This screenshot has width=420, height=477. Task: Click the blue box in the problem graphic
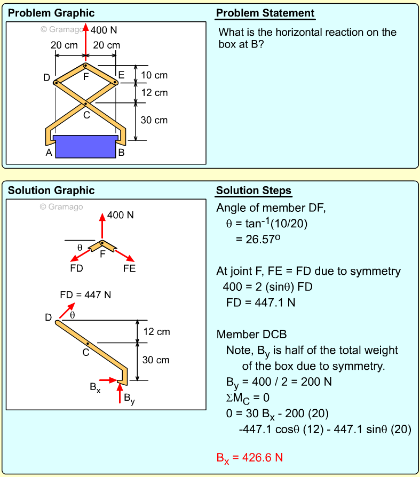[x=85, y=146]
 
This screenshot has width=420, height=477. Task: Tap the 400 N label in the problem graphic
[x=104, y=30]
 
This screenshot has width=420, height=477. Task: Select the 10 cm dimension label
[x=154, y=75]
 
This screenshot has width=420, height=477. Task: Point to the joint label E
[x=121, y=75]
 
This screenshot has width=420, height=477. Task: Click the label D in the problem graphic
[x=47, y=78]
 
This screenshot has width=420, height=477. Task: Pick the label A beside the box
[x=49, y=153]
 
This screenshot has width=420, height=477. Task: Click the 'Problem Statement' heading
[x=265, y=13]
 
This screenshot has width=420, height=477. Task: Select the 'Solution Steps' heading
[x=253, y=191]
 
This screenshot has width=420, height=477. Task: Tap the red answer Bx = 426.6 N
[x=249, y=458]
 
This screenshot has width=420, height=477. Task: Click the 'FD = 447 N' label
[x=85, y=295]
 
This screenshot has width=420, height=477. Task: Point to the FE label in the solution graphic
[x=129, y=268]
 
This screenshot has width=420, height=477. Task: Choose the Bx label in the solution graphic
[x=95, y=388]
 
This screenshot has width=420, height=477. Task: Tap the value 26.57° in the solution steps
[x=258, y=238]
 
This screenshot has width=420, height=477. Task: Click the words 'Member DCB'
[x=251, y=335]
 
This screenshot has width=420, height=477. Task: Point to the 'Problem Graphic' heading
[x=51, y=13]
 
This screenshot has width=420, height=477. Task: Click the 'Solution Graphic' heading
[x=51, y=191]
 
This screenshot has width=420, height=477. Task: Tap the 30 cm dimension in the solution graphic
[x=156, y=360]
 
